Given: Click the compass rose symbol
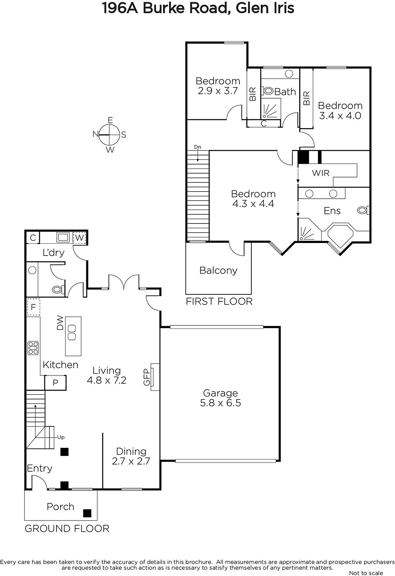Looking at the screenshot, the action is pos(109,135).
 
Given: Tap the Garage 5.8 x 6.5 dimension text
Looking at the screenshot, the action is pos(220,403).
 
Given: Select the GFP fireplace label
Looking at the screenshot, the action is pos(146,377).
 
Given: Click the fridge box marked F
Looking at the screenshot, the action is pos(33,307).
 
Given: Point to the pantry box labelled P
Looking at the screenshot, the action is pos(55,383).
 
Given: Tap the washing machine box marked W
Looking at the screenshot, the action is pos(79,238).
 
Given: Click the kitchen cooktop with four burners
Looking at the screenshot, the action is pos(33,348).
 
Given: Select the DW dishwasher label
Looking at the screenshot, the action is pos(60,323).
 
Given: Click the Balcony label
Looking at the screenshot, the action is pos(218,270).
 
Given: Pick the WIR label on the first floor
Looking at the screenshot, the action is pos(321,173).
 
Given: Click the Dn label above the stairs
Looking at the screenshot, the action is pos(197,147).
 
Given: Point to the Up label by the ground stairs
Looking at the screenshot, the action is pos(61,437).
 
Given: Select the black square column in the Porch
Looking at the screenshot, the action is pos(87,513).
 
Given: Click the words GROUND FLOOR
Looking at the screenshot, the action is pos(67,529).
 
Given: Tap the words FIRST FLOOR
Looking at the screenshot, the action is pos(219,301).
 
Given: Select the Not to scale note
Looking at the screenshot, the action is pos(366,573).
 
